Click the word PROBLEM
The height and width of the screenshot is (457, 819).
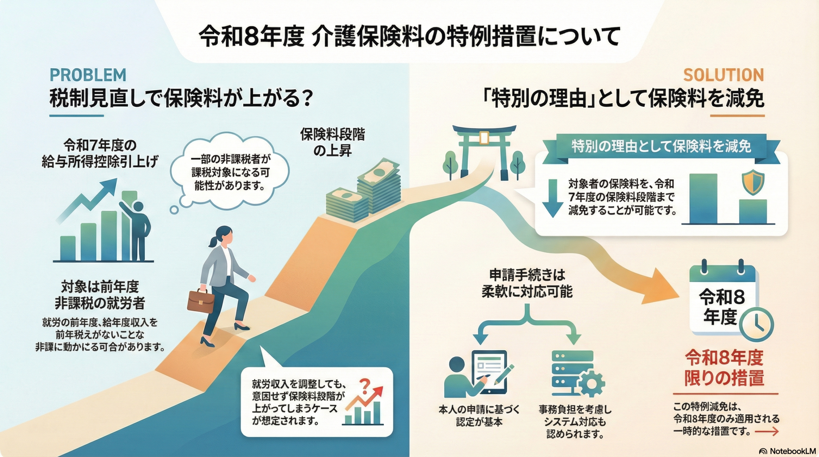88,75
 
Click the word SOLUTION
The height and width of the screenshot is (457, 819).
723,75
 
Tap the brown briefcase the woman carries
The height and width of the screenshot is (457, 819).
201,301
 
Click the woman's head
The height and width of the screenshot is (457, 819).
224,235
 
